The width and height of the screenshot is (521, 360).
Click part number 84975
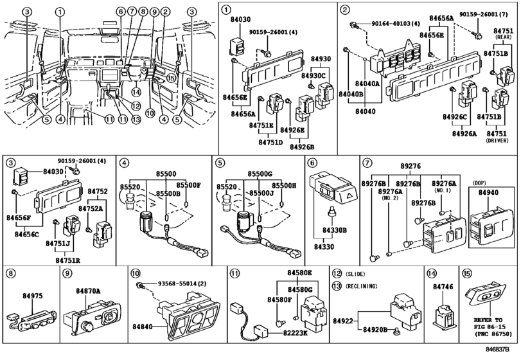pyautogui.click(x=33, y=296)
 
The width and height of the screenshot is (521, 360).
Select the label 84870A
pyautogui.click(x=88, y=291)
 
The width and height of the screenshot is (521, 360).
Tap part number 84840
pyautogui.click(x=143, y=327)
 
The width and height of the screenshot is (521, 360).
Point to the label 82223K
pyautogui.click(x=296, y=332)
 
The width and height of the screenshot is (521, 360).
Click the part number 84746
pyautogui.click(x=443, y=287)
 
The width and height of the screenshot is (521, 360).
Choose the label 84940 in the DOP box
pyautogui.click(x=488, y=192)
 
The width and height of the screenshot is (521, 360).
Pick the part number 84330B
pyautogui.click(x=335, y=230)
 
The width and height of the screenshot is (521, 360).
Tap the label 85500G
pyautogui.click(x=260, y=174)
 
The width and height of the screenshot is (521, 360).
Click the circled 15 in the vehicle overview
pyautogui.click(x=170, y=78)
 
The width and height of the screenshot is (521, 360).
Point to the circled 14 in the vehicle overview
pyautogui.click(x=136, y=92)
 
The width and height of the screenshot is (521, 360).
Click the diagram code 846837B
pyautogui.click(x=497, y=349)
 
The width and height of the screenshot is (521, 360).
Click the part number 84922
pyautogui.click(x=343, y=321)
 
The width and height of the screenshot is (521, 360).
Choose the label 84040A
pyautogui.click(x=367, y=84)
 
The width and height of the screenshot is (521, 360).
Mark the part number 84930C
pyautogui.click(x=313, y=75)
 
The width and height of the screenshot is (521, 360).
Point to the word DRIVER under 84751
pyautogui.click(x=497, y=141)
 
